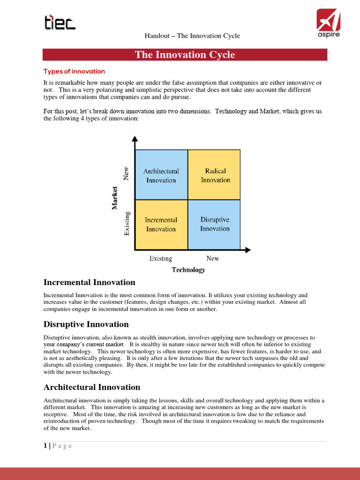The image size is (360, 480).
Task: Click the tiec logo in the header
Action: coord(60,22)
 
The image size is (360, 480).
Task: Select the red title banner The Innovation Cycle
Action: coord(185,55)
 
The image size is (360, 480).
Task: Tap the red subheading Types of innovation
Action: coord(74,72)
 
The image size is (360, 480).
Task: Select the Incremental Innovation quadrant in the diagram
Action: coord(161,225)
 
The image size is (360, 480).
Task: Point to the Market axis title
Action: coord(115,198)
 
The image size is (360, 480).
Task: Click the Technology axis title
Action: coord(188,270)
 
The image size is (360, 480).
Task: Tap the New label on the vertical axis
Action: coord(126,174)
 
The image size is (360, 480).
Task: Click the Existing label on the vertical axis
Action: coord(127,224)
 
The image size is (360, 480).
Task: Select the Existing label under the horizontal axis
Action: coord(161,258)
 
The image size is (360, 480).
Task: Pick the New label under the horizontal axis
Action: coord(212,258)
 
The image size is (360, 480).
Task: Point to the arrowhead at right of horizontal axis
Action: coord(248,250)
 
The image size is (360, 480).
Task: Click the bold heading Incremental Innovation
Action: coord(89,282)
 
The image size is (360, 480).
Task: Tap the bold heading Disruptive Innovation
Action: coord(86,324)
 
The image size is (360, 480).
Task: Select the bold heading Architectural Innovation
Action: coord(92,387)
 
